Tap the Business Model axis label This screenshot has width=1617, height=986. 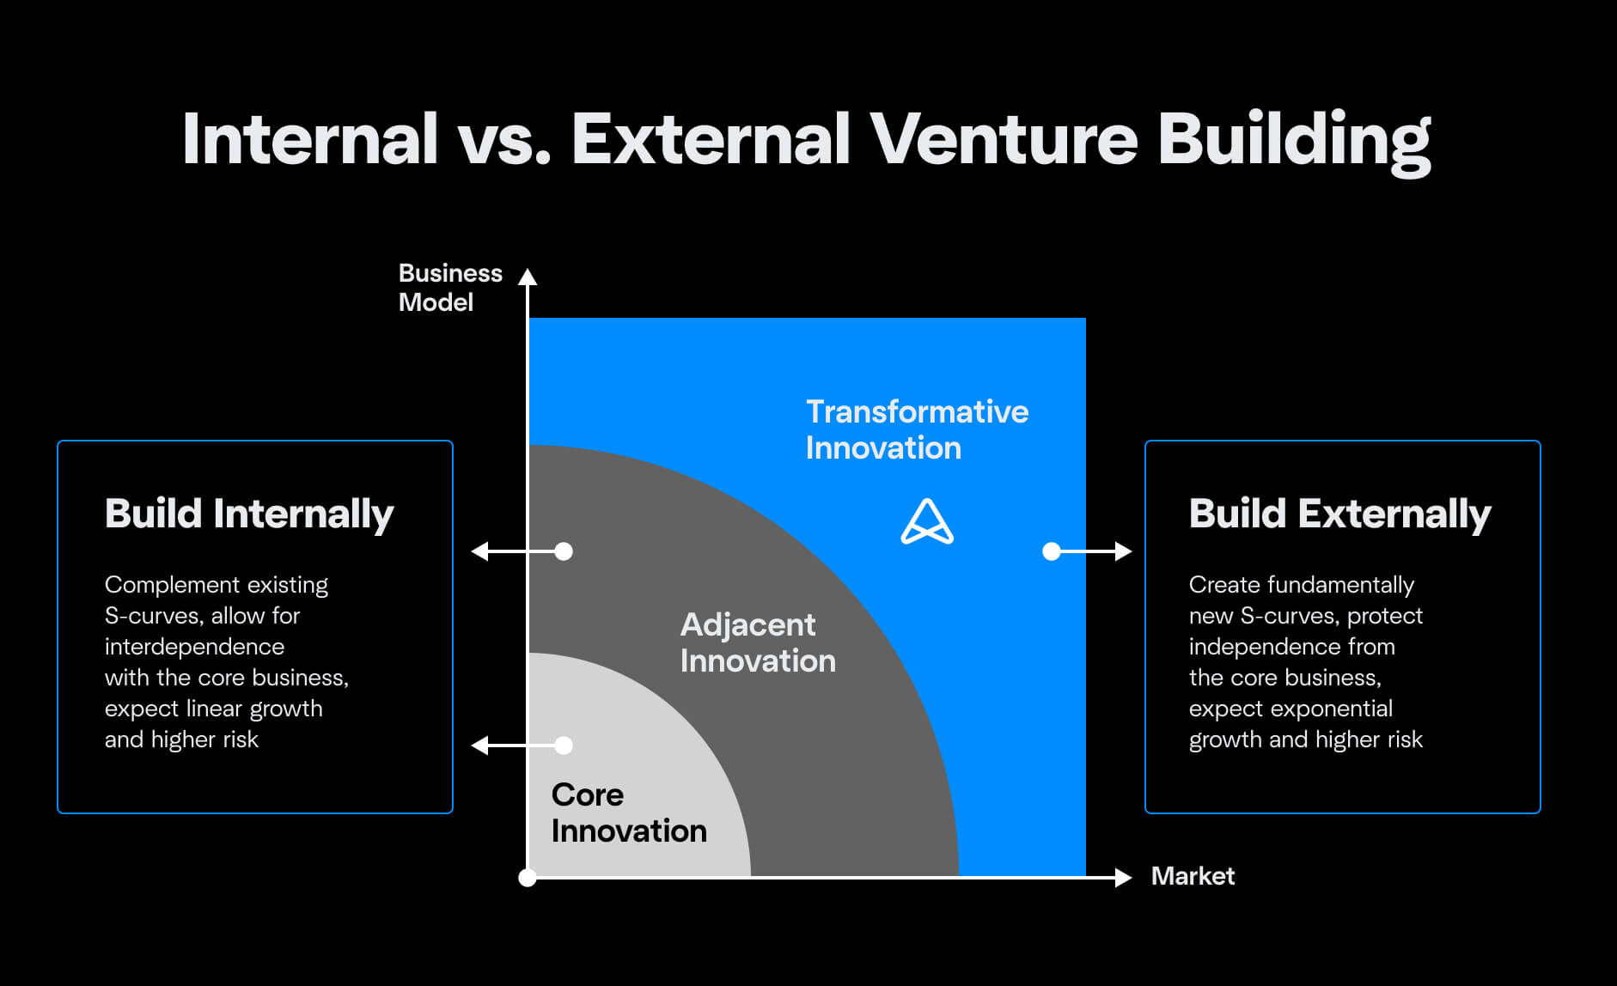[449, 288]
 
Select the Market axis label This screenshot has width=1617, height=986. [1193, 876]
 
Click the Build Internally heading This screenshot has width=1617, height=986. [249, 514]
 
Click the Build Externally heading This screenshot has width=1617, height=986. [1339, 514]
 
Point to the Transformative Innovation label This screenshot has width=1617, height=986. [917, 429]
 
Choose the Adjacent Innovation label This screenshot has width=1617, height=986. [757, 642]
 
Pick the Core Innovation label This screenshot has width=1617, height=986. [629, 813]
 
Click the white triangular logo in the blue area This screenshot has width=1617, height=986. [927, 522]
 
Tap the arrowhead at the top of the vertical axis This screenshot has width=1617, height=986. [528, 277]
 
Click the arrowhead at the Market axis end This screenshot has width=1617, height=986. [1122, 877]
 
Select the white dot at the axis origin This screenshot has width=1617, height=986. [528, 877]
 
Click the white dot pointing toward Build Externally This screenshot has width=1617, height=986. [1052, 551]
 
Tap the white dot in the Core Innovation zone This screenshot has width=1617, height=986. [564, 746]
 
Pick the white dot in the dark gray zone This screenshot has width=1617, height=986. [564, 551]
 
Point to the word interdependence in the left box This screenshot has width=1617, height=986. [194, 647]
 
